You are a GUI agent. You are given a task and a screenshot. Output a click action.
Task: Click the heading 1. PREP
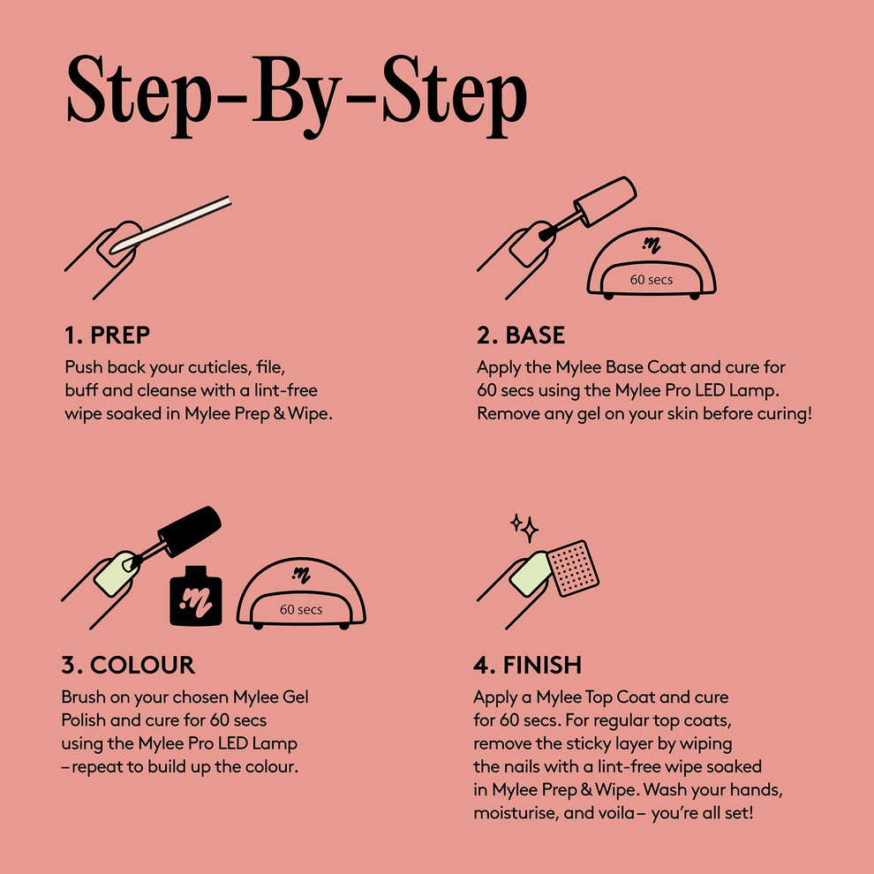pyautogui.click(x=107, y=335)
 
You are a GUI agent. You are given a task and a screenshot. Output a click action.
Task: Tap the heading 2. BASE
pyautogui.click(x=521, y=335)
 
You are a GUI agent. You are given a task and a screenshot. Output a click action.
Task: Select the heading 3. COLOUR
pyautogui.click(x=128, y=665)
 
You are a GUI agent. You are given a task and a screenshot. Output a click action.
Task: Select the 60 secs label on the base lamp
pyautogui.click(x=651, y=280)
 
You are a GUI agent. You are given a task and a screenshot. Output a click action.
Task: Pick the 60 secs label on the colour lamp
pyautogui.click(x=301, y=609)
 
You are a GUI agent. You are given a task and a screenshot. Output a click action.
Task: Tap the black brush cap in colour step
pyautogui.click(x=189, y=531)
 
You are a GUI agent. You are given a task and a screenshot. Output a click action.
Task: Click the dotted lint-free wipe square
pyautogui.click(x=575, y=567)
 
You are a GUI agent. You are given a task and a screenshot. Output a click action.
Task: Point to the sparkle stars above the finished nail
pyautogui.click(x=524, y=527)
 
